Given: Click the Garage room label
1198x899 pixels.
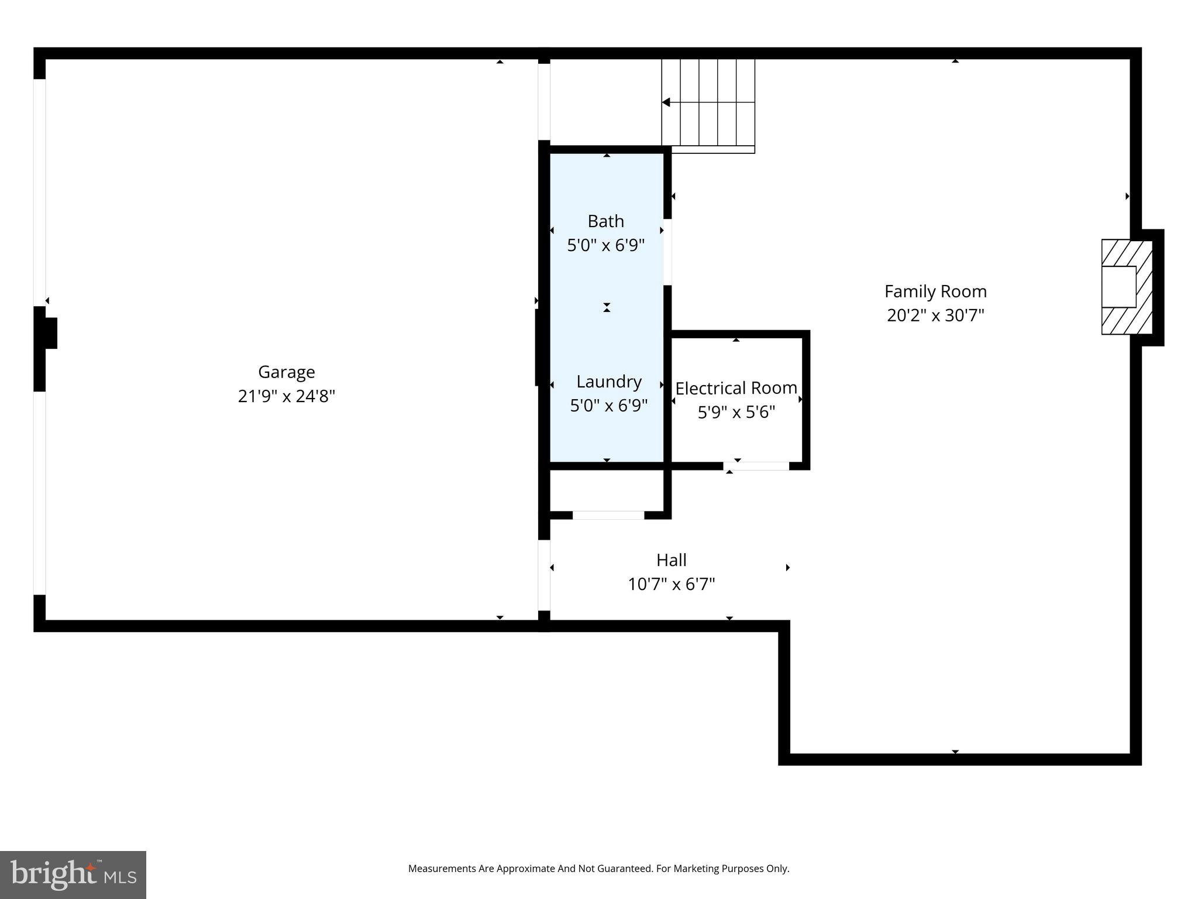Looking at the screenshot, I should click(x=286, y=372).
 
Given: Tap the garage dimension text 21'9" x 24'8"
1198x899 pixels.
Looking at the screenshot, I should click(x=286, y=396).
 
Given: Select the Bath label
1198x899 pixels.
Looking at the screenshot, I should click(x=605, y=221).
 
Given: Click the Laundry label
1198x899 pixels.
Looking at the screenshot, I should click(x=609, y=382).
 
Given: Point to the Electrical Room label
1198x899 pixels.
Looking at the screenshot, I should click(x=736, y=388).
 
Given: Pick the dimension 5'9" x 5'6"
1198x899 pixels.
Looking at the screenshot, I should click(x=736, y=412).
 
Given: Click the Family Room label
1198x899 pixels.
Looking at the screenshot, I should click(x=935, y=291).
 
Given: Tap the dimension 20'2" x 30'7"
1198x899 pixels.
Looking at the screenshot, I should click(x=935, y=315).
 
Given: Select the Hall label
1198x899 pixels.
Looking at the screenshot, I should click(x=671, y=560).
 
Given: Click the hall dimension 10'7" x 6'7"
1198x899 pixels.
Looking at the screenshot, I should click(x=671, y=584).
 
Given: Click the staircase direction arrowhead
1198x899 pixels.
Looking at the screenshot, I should click(x=666, y=102).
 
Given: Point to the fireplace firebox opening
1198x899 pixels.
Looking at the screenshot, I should click(x=1118, y=287).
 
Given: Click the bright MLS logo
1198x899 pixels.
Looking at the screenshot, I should click(x=73, y=874).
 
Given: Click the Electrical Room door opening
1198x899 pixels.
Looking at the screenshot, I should click(x=756, y=466).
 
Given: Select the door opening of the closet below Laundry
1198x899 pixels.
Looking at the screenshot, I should click(x=608, y=515).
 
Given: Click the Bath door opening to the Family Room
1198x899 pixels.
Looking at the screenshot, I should click(x=667, y=252).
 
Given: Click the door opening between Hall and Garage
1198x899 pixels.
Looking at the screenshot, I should click(x=544, y=575).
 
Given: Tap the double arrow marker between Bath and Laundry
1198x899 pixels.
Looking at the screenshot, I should click(x=607, y=307).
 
